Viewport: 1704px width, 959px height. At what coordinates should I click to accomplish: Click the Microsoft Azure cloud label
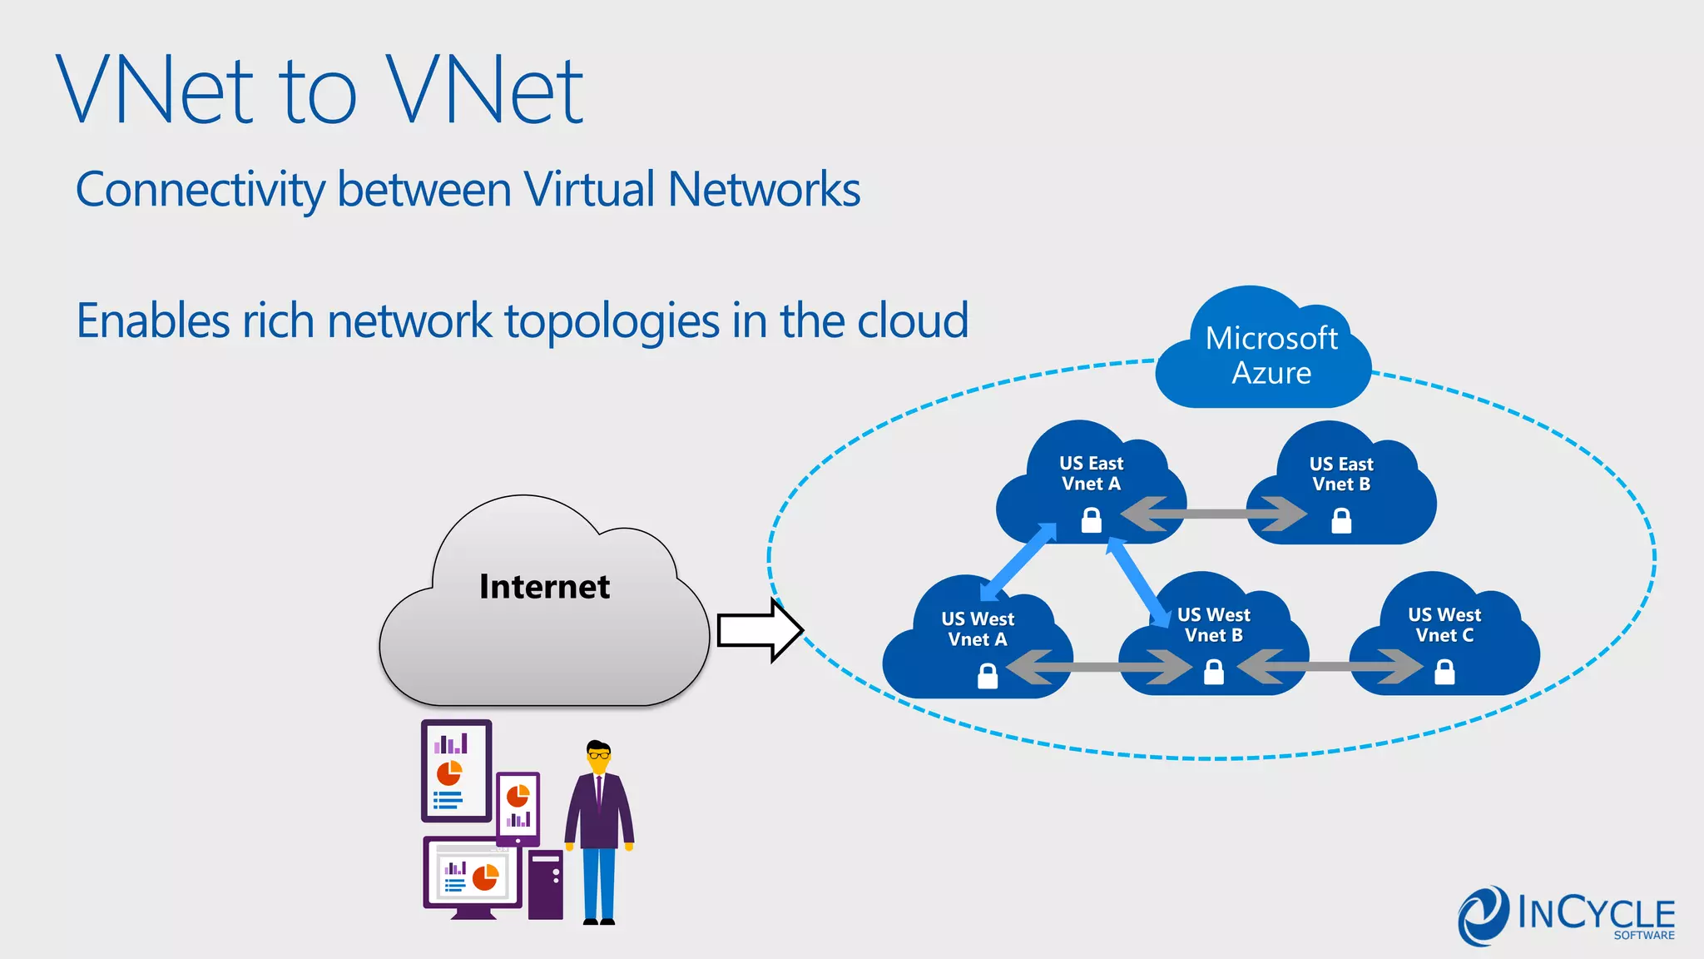(x=1271, y=355)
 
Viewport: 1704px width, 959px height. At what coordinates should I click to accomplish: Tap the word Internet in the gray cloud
(x=544, y=587)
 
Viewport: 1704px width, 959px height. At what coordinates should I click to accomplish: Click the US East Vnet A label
(x=1091, y=474)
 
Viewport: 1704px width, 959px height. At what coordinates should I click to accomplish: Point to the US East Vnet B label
(x=1340, y=474)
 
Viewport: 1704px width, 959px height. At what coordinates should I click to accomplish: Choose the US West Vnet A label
(x=978, y=629)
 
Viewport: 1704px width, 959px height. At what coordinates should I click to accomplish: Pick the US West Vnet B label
(x=1213, y=625)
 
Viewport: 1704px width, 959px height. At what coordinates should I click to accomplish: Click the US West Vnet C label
(x=1444, y=625)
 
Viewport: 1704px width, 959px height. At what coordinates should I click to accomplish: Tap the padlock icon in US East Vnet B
(x=1341, y=521)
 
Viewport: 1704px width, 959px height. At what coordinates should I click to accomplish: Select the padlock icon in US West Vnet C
(x=1445, y=671)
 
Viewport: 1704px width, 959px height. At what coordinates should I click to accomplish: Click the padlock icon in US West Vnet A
(x=988, y=675)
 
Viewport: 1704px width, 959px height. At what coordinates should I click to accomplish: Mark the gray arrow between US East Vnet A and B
(x=1214, y=514)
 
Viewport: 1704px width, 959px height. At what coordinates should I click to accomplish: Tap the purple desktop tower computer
(x=546, y=884)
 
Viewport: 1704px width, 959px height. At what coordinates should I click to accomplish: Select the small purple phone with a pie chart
(x=518, y=807)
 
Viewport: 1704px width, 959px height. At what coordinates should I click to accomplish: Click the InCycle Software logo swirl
(x=1482, y=916)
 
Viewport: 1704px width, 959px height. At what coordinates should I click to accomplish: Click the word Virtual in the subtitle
(x=589, y=189)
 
